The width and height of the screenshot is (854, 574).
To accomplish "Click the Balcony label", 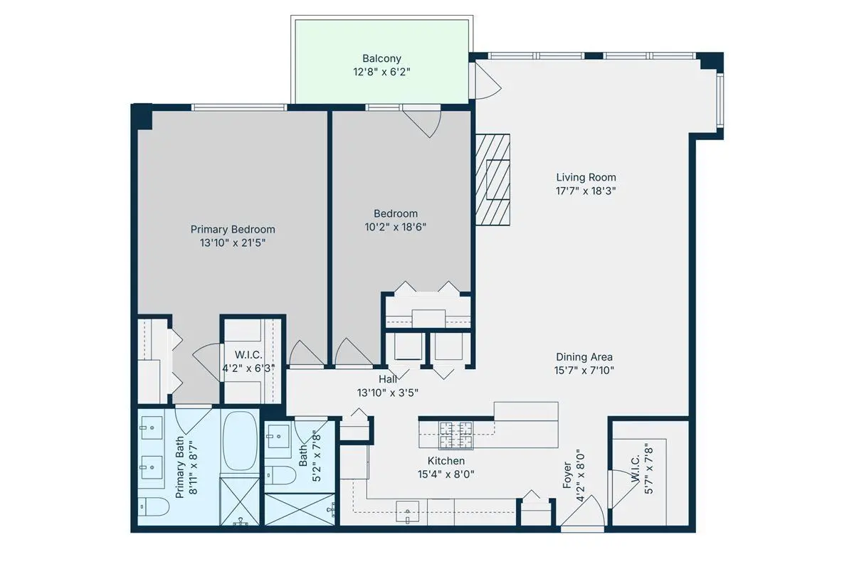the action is [381, 58].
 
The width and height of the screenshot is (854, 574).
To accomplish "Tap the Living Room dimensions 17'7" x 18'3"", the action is [586, 191].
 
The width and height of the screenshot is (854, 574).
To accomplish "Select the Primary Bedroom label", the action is [233, 229].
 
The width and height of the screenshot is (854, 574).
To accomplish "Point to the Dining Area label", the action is [584, 357].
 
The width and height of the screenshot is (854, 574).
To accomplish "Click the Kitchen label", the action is [446, 461].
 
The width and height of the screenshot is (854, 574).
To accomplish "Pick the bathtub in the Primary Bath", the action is [240, 442].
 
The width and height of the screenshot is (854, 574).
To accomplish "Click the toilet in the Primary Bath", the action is [153, 506].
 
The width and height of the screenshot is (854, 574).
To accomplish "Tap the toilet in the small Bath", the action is [280, 475].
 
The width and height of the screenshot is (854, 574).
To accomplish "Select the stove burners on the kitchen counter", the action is [456, 435].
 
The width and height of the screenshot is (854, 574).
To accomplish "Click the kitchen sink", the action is [407, 511].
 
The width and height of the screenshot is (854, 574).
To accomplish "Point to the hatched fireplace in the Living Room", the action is [492, 179].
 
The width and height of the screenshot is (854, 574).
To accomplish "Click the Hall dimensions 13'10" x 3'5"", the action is [387, 393].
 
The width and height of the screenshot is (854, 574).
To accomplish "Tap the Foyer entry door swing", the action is [584, 511].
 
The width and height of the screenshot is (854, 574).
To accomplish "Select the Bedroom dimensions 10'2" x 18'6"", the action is [396, 227].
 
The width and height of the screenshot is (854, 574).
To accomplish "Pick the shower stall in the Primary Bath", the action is [240, 501].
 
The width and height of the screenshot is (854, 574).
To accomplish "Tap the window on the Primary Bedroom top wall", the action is [239, 107].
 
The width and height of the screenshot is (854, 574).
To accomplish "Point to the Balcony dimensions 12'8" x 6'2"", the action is [381, 72].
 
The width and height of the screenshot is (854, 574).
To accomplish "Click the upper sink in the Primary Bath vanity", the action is [152, 427].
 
